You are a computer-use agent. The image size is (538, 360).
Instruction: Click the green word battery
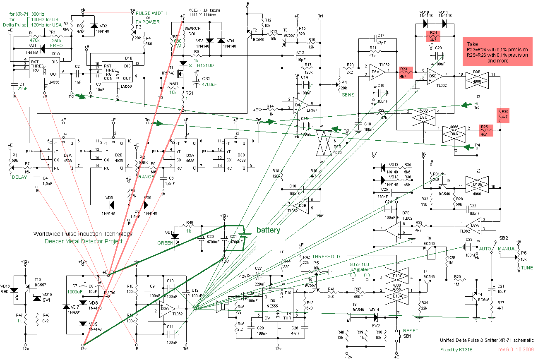pos(268,230)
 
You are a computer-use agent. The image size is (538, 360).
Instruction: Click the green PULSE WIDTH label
pos(151,13)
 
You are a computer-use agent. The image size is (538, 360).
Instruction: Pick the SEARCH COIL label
pos(193,31)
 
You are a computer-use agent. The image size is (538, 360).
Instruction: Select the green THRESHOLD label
pos(326,257)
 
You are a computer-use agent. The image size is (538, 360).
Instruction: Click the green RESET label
pos(411,331)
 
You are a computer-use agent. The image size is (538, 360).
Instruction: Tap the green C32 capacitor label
pos(206,79)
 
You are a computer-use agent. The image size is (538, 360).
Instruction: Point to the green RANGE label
pos(146,177)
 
